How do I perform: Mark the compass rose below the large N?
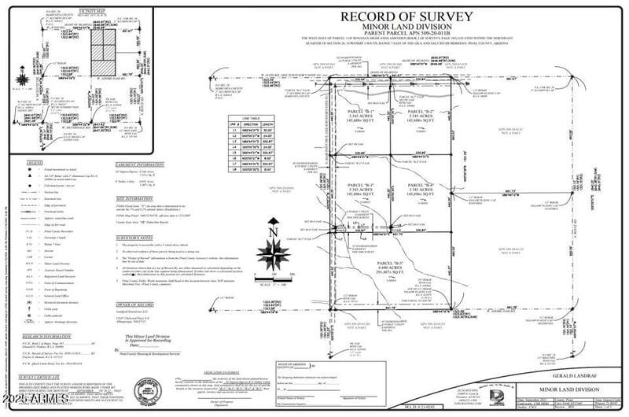[271, 256]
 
